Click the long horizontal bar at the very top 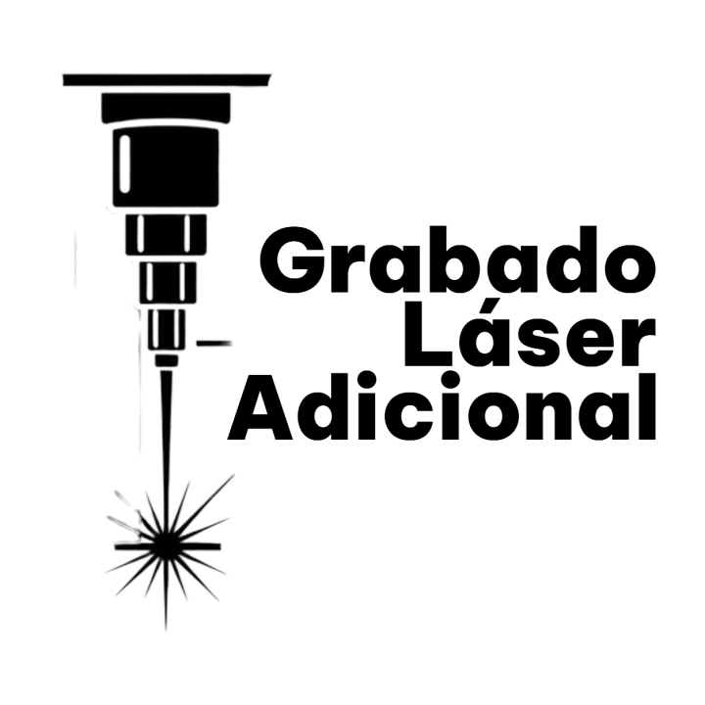pos(164,75)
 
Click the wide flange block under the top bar pos(164,104)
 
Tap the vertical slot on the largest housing pos(124,163)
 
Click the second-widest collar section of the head pos(164,234)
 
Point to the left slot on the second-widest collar pos(140,234)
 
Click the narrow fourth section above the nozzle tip pos(165,329)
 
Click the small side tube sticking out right pos(215,344)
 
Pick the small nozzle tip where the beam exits pos(165,361)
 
